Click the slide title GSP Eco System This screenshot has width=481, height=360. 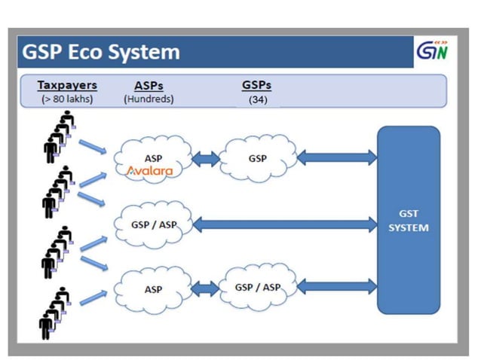click(101, 52)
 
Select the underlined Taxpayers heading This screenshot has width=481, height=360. click(67, 85)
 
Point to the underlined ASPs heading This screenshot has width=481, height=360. click(148, 85)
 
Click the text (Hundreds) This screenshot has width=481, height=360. click(149, 99)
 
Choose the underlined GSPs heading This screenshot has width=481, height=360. click(256, 85)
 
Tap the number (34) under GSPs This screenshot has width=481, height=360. click(256, 99)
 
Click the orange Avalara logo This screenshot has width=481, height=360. click(149, 170)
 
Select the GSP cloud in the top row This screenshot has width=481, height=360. click(256, 159)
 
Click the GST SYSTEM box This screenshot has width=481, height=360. click(408, 220)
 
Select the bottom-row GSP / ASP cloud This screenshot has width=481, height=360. click(256, 287)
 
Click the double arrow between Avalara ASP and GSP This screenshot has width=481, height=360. click(204, 159)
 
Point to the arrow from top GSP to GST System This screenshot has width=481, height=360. click(336, 157)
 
